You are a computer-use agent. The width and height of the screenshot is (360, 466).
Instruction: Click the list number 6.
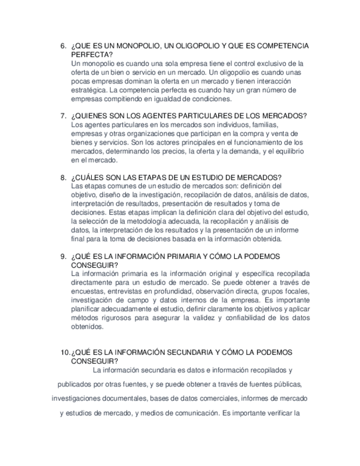(x=63, y=46)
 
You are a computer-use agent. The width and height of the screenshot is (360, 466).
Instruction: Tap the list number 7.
(x=63, y=116)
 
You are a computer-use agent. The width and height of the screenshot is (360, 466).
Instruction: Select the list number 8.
(x=63, y=177)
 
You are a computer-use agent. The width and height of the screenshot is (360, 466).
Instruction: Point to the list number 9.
(x=63, y=257)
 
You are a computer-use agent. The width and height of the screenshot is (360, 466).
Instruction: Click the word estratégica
(x=89, y=90)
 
